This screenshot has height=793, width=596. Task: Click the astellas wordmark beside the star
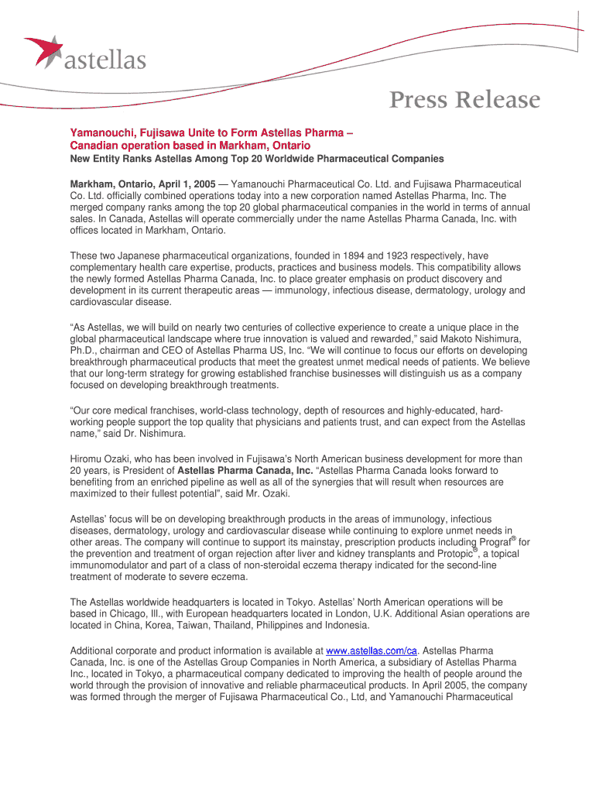[x=104, y=59]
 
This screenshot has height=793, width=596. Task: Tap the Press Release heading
[x=464, y=100]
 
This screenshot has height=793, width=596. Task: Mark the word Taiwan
[x=203, y=625]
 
